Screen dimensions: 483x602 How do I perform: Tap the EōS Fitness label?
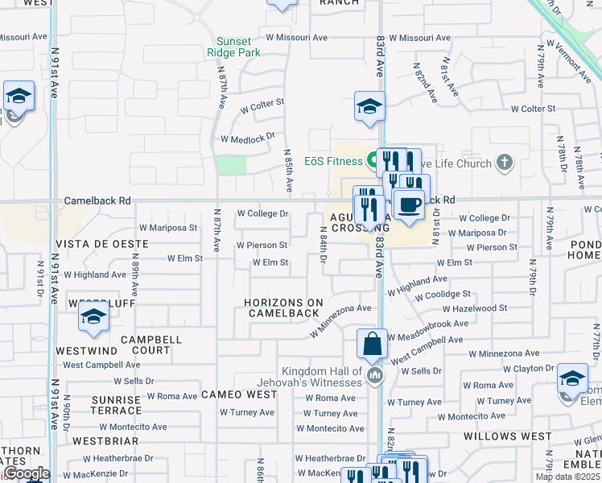tap(334, 161)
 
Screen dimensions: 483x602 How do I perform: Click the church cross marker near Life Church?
tap(504, 163)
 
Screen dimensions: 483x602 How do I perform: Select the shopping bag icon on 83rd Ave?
tap(373, 345)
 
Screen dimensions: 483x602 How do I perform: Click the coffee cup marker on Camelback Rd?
tap(409, 205)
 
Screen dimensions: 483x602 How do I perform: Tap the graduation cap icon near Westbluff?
tap(93, 316)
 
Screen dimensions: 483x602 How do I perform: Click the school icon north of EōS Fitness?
tap(369, 106)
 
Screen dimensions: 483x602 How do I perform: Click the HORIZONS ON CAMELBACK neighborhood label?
tap(284, 308)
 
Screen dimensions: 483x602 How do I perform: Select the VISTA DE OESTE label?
tap(101, 243)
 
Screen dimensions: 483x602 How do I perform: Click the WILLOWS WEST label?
tap(501, 436)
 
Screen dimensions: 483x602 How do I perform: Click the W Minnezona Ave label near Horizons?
tap(341, 320)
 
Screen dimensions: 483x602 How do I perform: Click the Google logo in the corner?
tap(26, 473)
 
